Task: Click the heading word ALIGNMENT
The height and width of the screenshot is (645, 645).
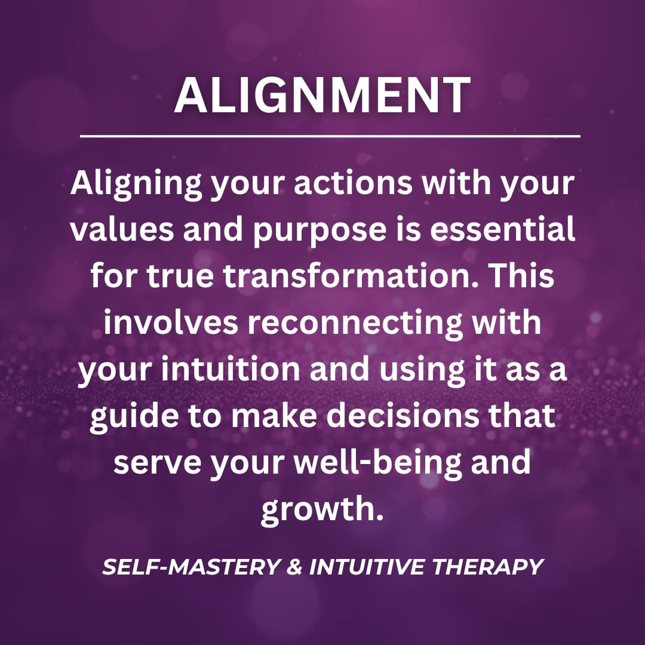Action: coord(322,95)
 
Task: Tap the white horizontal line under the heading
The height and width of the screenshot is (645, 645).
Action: coord(330,136)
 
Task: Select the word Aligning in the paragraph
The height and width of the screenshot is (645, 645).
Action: coord(136,184)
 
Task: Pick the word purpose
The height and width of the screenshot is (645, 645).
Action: coord(320,231)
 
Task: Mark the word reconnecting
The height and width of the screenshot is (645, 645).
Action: coord(355,324)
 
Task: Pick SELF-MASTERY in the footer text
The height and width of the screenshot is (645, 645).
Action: coord(191,567)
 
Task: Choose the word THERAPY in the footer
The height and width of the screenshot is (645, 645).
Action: coord(488,567)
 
